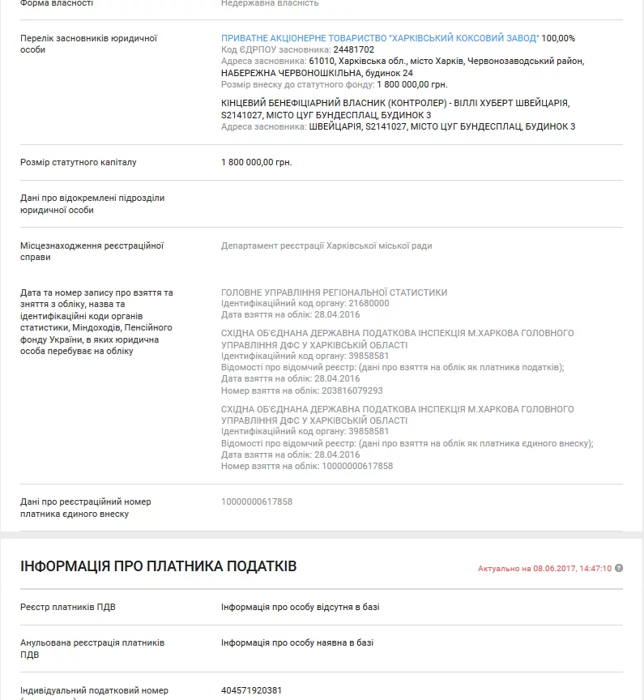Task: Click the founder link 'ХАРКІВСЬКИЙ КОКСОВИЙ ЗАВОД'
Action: (379, 38)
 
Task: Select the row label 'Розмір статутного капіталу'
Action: (79, 162)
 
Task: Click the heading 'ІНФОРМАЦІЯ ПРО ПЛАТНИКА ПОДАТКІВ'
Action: (159, 566)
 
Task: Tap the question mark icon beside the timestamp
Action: (619, 568)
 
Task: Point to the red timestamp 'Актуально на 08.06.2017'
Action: (544, 569)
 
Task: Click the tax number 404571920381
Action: (252, 691)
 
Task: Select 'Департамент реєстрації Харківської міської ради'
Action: (326, 245)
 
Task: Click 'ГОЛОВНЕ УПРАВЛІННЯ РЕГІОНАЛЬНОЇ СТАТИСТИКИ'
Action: (334, 292)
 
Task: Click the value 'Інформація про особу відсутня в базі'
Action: (300, 607)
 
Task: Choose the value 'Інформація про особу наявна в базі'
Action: (297, 642)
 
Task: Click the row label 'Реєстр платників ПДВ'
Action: (62, 607)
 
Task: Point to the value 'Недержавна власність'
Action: (270, 3)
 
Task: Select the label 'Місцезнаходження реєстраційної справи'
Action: (92, 251)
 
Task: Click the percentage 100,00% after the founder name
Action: (559, 38)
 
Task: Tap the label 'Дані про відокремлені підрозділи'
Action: (92, 203)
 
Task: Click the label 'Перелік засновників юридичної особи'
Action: (88, 44)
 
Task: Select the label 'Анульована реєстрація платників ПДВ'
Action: (92, 648)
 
